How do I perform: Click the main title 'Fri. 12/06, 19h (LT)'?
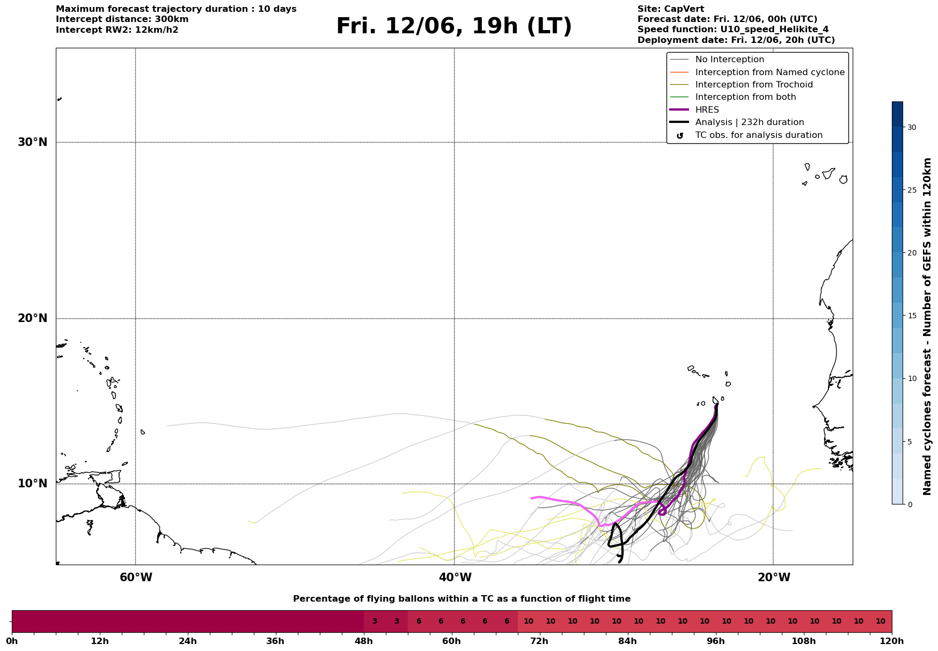(454, 26)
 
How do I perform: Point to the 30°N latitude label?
(32, 142)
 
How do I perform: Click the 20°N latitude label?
(32, 318)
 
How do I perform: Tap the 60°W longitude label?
(136, 577)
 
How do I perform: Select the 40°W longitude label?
(455, 577)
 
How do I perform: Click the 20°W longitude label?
(774, 577)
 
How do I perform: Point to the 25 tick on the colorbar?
(912, 190)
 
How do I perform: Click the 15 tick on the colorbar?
(912, 316)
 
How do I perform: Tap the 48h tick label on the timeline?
(364, 641)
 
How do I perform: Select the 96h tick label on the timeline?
(716, 641)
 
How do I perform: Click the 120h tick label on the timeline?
(892, 641)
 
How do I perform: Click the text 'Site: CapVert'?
(671, 9)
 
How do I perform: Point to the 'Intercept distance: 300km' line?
(122, 19)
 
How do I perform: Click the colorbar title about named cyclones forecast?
(927, 326)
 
